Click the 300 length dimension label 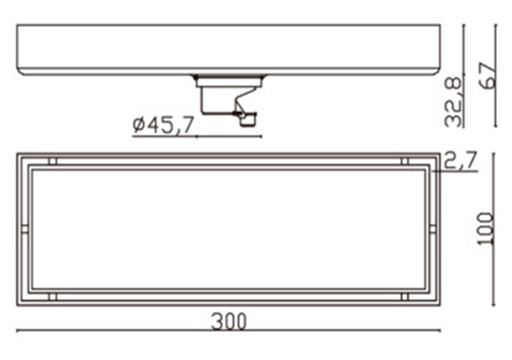[x=229, y=322]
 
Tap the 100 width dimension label [x=485, y=228]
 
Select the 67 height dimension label [x=488, y=76]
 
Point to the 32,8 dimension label [x=453, y=101]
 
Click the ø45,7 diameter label [x=163, y=125]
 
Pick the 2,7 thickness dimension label [x=461, y=160]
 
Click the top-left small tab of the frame [x=52, y=161]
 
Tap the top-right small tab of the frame [x=405, y=161]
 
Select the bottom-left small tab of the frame [x=52, y=297]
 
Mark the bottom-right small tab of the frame [x=405, y=297]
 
